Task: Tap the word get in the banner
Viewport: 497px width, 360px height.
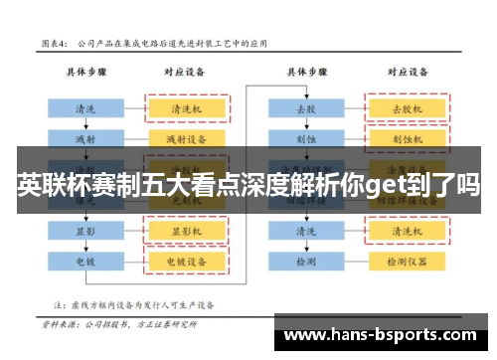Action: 385,186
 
